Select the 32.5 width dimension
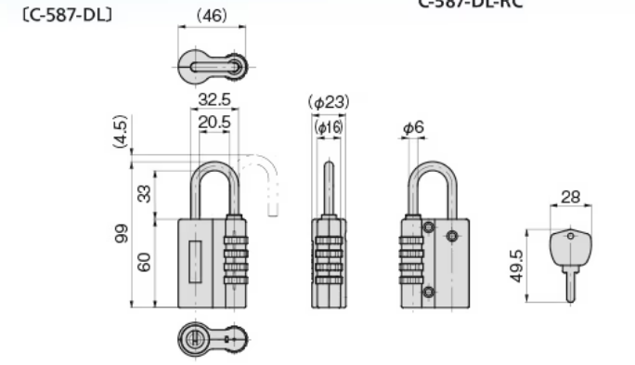pos(214,99)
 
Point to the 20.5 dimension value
pos(214,121)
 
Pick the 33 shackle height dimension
pos(144,193)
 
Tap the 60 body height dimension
pos(144,263)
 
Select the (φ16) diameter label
pos(328,126)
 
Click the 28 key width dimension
pos(573,197)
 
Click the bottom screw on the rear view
pos(428,293)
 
